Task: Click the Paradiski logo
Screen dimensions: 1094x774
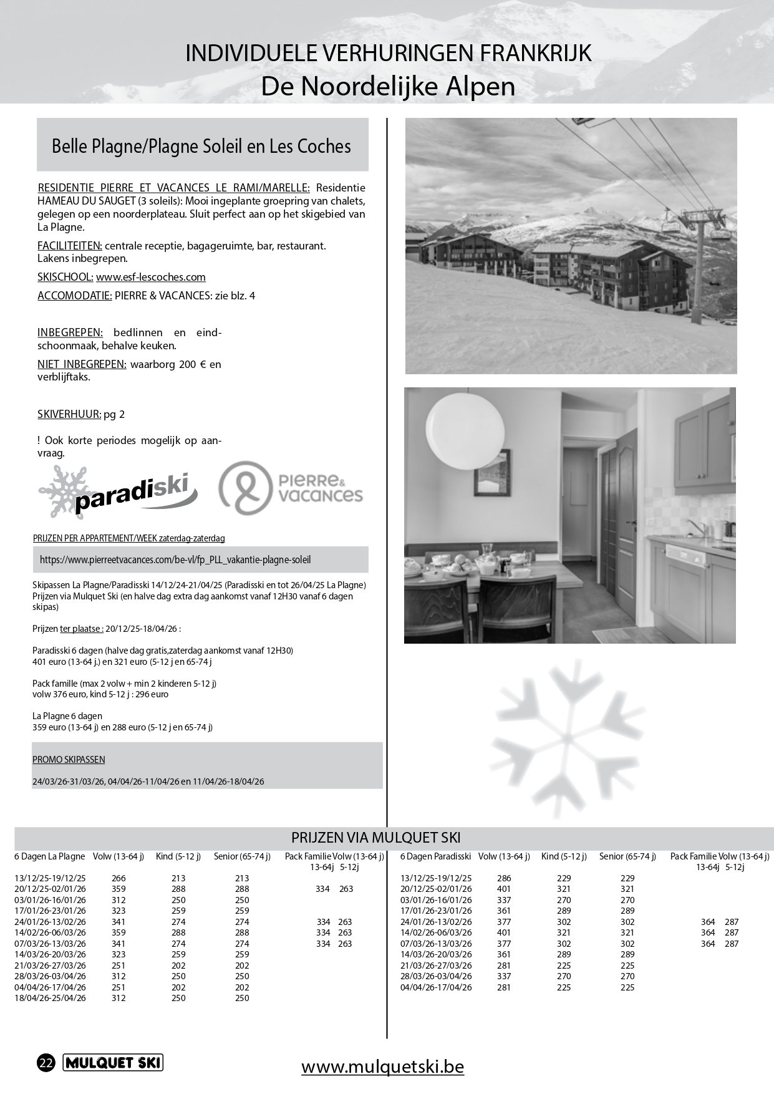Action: pyautogui.click(x=117, y=493)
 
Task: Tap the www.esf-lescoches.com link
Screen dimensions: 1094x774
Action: pyautogui.click(x=150, y=277)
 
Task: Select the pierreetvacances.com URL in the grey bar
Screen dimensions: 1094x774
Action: pyautogui.click(x=175, y=560)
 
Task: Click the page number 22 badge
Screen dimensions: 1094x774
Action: pyautogui.click(x=46, y=1063)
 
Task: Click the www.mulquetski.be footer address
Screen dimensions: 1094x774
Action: pyautogui.click(x=382, y=1067)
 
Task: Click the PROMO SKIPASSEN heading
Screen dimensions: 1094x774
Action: pyautogui.click(x=69, y=760)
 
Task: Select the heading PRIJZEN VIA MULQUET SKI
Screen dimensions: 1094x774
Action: pyautogui.click(x=375, y=838)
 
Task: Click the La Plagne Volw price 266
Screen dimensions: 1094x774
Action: pyautogui.click(x=118, y=878)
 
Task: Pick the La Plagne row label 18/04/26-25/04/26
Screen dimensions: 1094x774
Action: pyautogui.click(x=50, y=998)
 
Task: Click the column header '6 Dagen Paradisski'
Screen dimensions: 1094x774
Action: pyautogui.click(x=435, y=856)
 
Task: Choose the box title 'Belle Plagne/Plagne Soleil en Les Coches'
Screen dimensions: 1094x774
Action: pyautogui.click(x=201, y=147)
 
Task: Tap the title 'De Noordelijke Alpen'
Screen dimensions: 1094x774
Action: pyautogui.click(x=388, y=87)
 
